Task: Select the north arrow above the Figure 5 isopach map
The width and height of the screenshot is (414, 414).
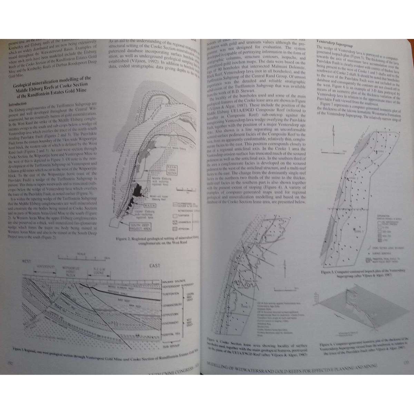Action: (x=333, y=133)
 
